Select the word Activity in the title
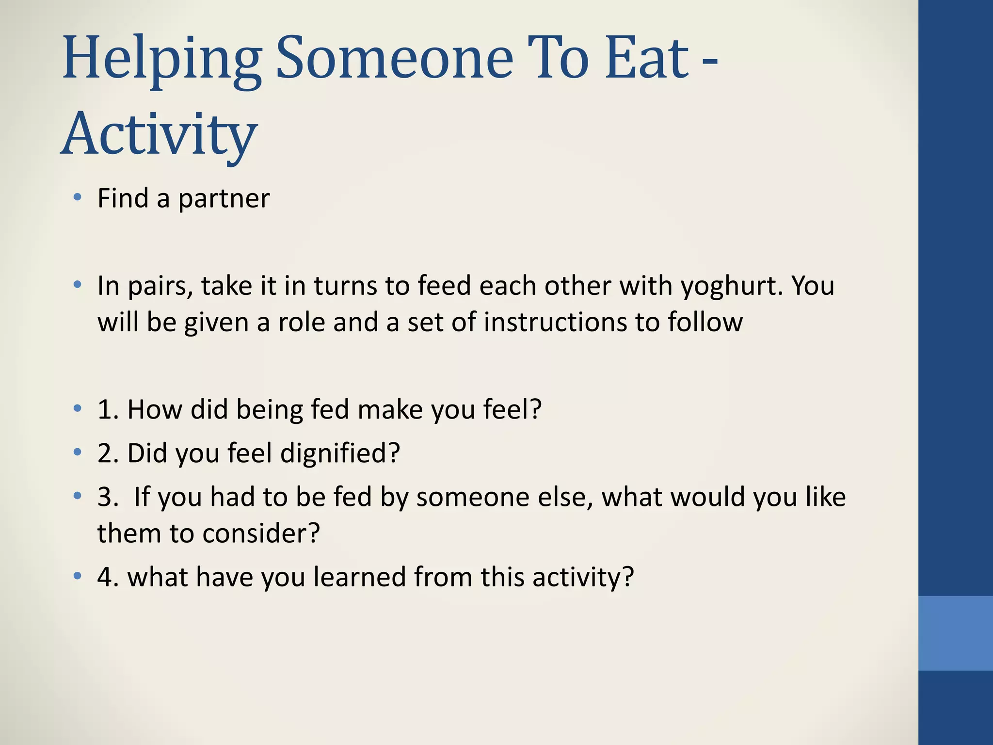(x=159, y=133)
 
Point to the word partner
(x=224, y=198)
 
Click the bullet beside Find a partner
(x=77, y=197)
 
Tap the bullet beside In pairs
(x=77, y=285)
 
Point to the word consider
(x=261, y=534)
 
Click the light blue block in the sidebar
(x=955, y=633)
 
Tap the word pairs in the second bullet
(x=158, y=286)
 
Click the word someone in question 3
(x=473, y=497)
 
